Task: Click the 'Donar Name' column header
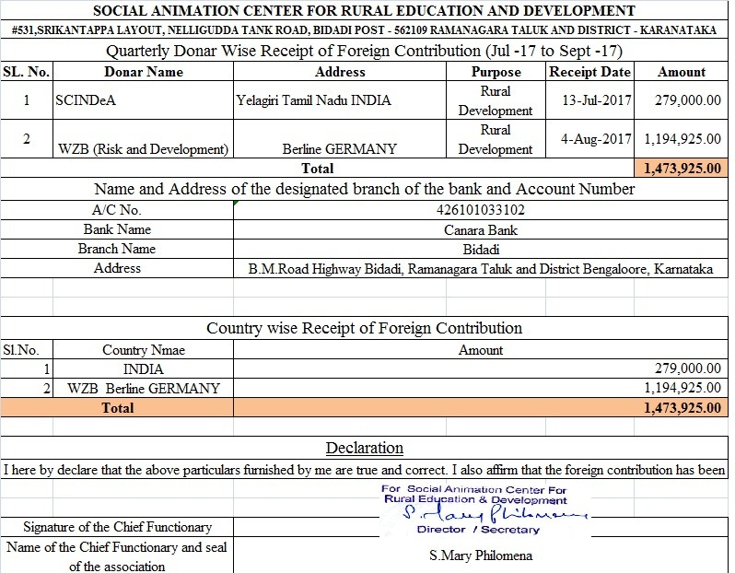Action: coord(144,72)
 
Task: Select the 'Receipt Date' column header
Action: coord(589,72)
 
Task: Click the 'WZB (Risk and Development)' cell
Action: coord(143,148)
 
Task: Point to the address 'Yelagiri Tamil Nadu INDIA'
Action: coord(314,100)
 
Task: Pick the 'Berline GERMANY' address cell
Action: coord(340,148)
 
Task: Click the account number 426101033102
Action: coord(480,210)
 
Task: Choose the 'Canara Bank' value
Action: coord(480,229)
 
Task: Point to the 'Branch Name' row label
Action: coord(117,249)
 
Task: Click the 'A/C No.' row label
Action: coord(117,210)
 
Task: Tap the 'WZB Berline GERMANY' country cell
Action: coord(144,388)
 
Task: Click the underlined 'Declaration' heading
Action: coord(365,449)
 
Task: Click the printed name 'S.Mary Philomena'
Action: coord(480,555)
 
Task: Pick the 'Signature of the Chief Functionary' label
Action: coord(117,527)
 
